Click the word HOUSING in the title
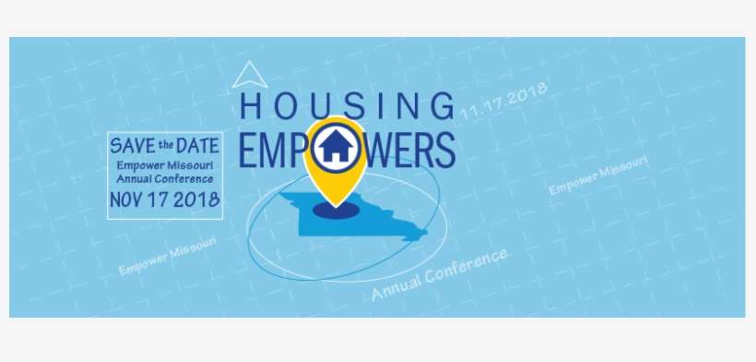click(347, 105)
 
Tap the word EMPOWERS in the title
click(347, 149)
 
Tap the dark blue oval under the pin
click(334, 211)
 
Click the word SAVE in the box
click(130, 145)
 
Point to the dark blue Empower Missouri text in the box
click(164, 164)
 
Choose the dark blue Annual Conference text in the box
click(164, 178)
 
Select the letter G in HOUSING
click(443, 105)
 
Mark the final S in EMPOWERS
click(445, 150)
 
